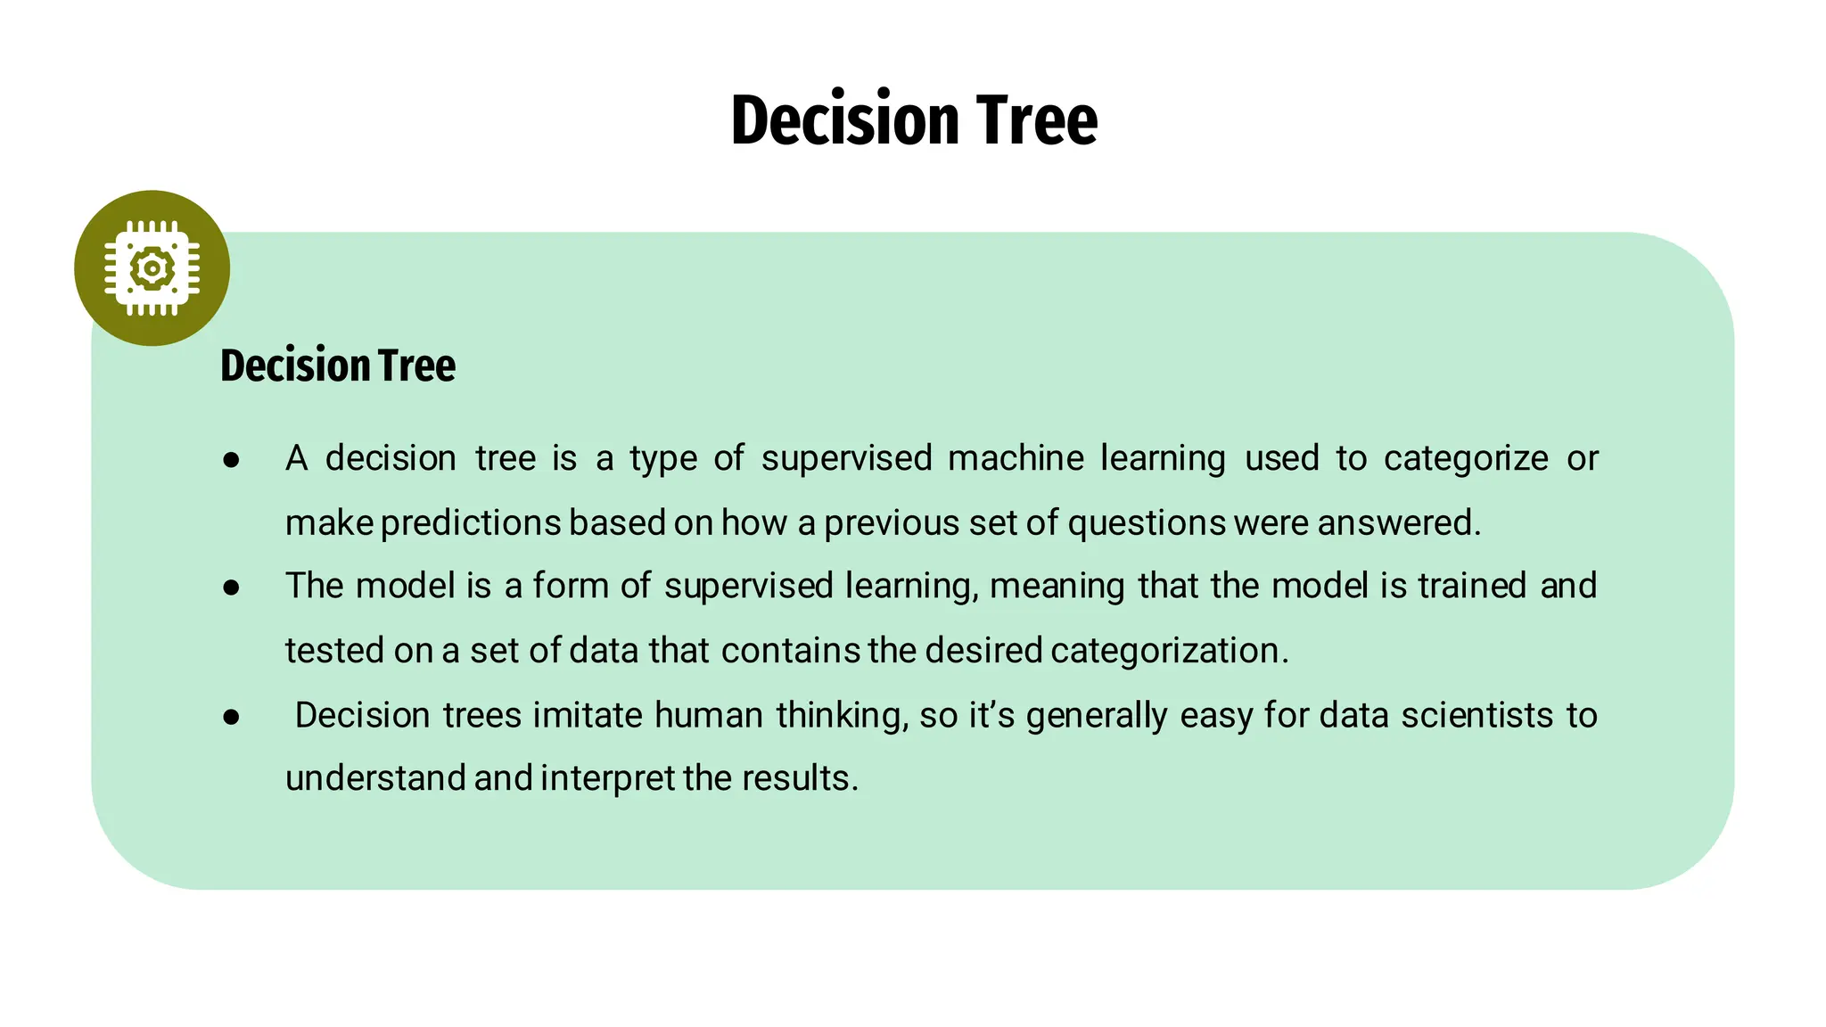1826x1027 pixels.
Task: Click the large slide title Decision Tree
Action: click(914, 119)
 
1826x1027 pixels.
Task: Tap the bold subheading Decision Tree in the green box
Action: click(338, 366)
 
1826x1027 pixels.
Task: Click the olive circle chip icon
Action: click(152, 267)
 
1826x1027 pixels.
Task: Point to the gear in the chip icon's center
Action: click(152, 267)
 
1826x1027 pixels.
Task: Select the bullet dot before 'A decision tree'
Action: click(232, 460)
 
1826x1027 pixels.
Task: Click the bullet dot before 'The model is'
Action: click(232, 587)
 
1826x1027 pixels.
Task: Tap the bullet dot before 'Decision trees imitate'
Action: click(232, 717)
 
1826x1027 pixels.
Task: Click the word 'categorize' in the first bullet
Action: click(1466, 459)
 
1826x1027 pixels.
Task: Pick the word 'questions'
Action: click(1147, 523)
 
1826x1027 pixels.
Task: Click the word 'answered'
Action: click(1398, 523)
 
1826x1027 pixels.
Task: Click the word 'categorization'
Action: click(1169, 651)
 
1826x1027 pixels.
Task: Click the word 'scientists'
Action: click(1477, 715)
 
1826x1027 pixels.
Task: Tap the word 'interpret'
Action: click(607, 779)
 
